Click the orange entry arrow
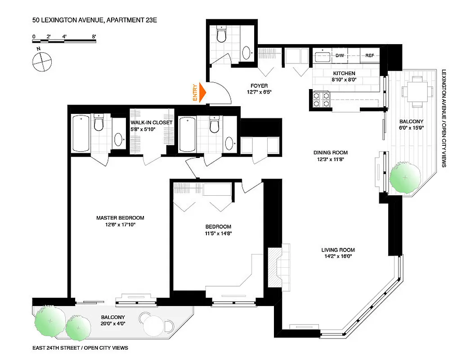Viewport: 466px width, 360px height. click(202, 92)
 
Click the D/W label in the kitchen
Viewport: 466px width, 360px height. click(340, 56)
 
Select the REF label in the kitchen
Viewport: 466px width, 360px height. click(370, 56)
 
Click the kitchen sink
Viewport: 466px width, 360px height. click(322, 56)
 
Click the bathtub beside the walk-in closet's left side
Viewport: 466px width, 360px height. click(81, 133)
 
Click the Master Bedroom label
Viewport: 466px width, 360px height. click(120, 218)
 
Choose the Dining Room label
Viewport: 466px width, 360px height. click(331, 153)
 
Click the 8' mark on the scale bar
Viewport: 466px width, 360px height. click(94, 36)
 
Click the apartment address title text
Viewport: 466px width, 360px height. click(94, 20)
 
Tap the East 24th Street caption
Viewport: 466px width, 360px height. click(80, 348)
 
